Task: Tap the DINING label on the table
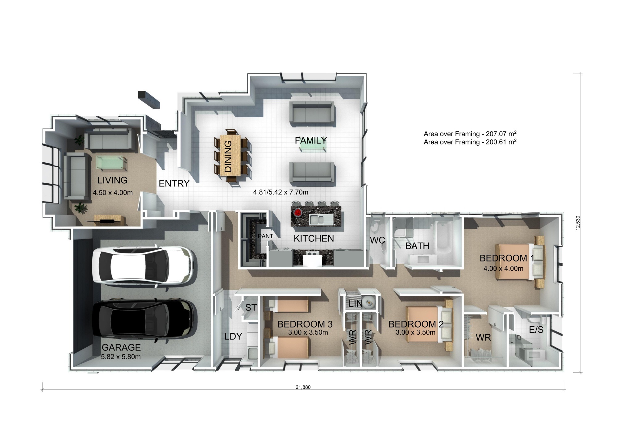[228, 156]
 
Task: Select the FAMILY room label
[310, 140]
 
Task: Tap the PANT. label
[266, 236]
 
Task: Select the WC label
[377, 240]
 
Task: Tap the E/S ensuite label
[536, 330]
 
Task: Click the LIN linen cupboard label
[355, 304]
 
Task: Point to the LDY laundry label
[233, 336]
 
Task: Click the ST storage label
[251, 307]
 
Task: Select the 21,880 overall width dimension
[303, 387]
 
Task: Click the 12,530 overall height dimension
[578, 223]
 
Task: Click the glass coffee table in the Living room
[111, 163]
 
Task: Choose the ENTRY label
[174, 183]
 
